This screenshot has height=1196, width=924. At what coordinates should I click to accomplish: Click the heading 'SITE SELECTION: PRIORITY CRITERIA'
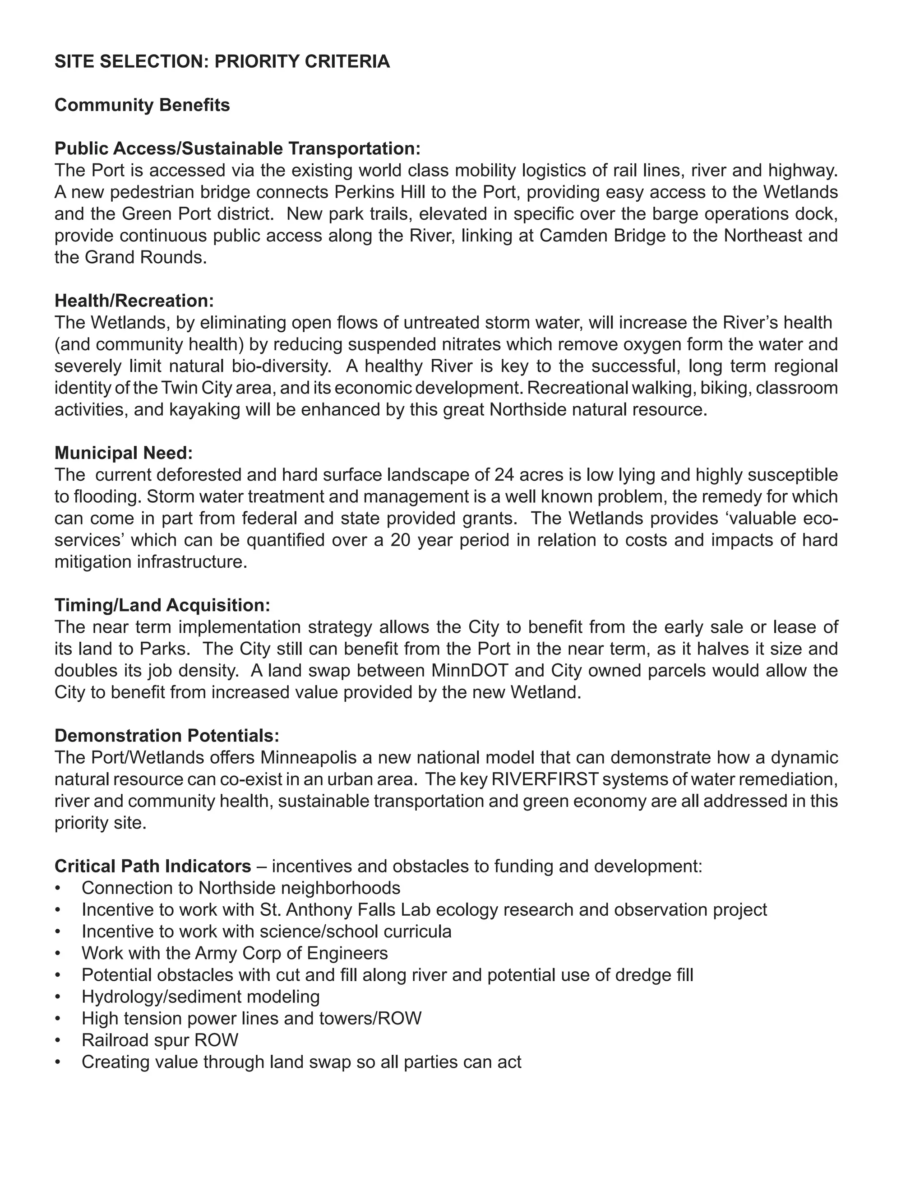(x=222, y=61)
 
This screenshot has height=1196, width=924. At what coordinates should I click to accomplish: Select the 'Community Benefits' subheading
(x=142, y=105)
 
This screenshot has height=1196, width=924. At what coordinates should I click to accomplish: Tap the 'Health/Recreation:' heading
(x=134, y=301)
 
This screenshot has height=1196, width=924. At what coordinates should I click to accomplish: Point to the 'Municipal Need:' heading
(x=123, y=453)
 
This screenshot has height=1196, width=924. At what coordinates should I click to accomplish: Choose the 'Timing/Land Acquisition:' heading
(x=162, y=605)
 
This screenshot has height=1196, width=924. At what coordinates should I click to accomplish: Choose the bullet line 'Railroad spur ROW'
(x=159, y=1040)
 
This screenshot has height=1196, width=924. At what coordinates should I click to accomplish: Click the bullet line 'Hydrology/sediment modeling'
(x=200, y=997)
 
